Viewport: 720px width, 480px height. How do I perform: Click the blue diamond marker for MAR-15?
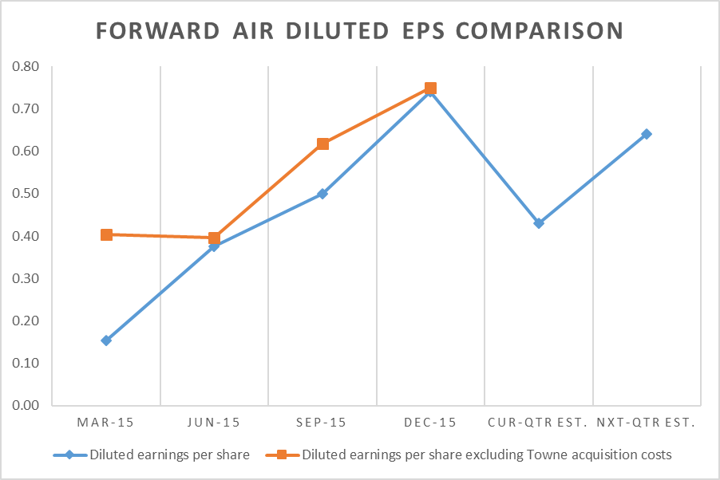click(x=106, y=340)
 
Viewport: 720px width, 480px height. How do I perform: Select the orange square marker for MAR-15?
click(x=106, y=234)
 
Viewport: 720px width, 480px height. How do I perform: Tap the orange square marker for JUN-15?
click(x=214, y=238)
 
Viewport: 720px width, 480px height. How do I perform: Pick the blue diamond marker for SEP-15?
click(x=322, y=194)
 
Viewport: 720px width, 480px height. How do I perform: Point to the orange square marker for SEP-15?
click(x=322, y=144)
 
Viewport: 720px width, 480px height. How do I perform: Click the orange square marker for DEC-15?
click(x=430, y=89)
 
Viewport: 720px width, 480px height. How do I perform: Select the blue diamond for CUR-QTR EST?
click(x=539, y=223)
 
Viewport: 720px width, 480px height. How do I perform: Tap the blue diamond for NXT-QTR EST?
click(x=647, y=134)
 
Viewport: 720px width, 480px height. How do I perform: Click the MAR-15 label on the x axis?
click(x=106, y=422)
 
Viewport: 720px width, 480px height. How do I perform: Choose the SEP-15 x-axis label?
click(x=322, y=422)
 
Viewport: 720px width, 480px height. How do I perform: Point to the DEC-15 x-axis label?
click(x=430, y=422)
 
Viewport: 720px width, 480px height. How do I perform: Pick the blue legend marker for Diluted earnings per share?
click(x=69, y=455)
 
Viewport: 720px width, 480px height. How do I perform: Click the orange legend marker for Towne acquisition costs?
click(x=281, y=455)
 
